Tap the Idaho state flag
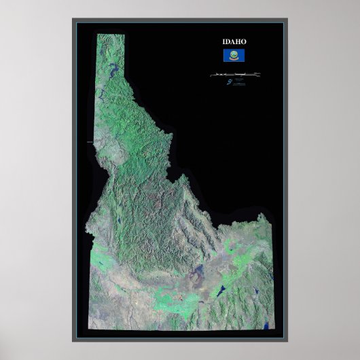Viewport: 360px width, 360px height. [x=233, y=58]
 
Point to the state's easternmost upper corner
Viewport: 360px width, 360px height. [x=271, y=222]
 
